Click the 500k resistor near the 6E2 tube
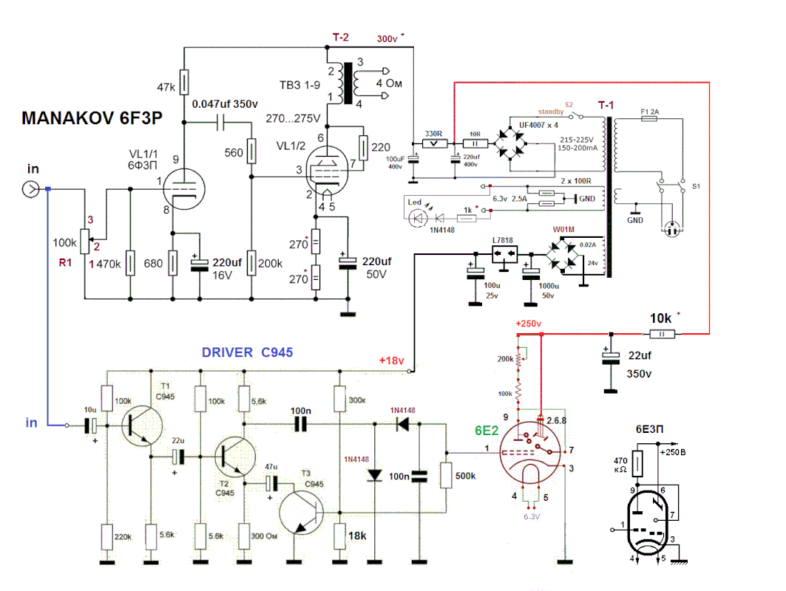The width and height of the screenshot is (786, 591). click(x=446, y=475)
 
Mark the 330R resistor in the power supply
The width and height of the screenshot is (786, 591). click(x=433, y=143)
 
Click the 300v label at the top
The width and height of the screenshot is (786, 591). click(x=387, y=38)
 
